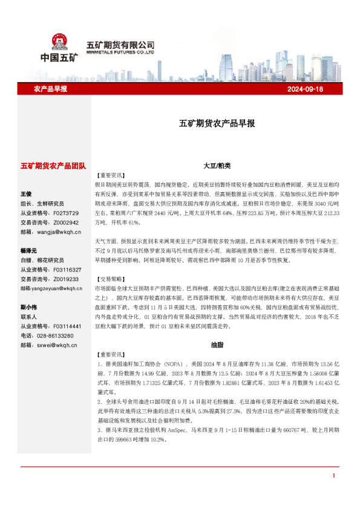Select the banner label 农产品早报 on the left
point(50,89)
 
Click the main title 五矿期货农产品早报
point(217,123)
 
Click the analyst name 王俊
point(26,194)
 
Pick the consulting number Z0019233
point(65,279)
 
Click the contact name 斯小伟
point(28,307)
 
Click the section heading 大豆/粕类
point(217,165)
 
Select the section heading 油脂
point(217,345)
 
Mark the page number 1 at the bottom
point(333,476)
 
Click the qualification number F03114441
point(67,326)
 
